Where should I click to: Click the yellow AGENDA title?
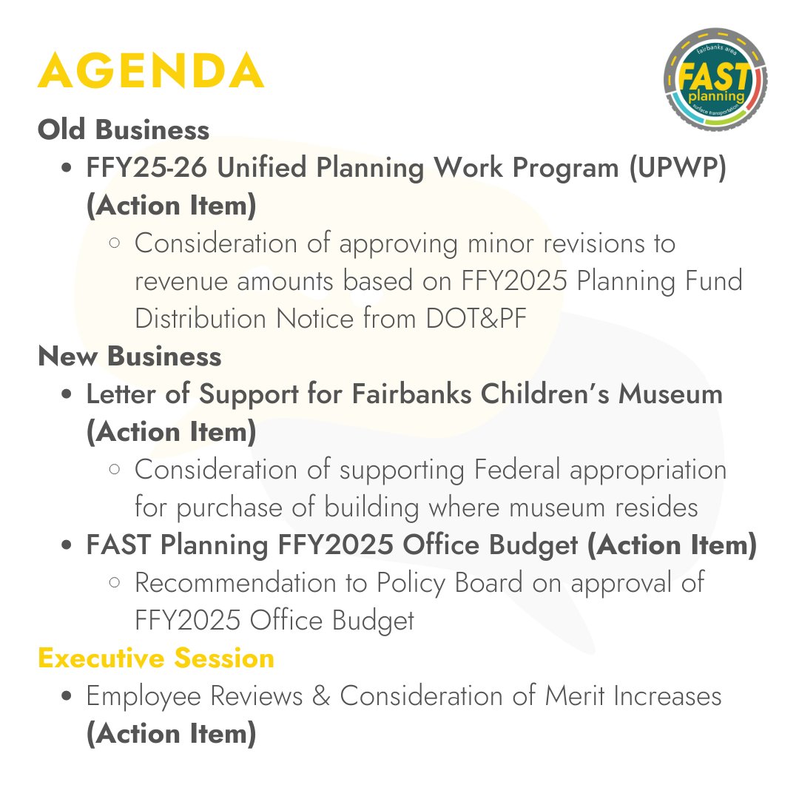point(151,72)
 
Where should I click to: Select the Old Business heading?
point(124,130)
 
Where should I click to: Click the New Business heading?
point(129,357)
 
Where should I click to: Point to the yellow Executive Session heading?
point(156,658)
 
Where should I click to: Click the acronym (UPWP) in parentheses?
point(678,168)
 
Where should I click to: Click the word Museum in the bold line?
point(670,394)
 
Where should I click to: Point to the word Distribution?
point(201,319)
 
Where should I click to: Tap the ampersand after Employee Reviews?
point(321,697)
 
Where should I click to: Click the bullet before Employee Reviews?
point(68,697)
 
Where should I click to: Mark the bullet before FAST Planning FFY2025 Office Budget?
point(68,546)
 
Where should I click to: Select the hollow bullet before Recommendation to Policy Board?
point(115,583)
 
